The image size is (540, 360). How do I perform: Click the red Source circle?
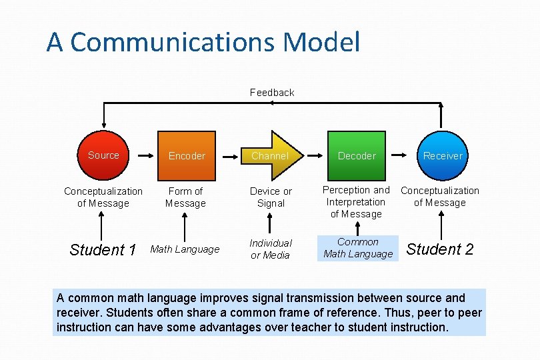pyautogui.click(x=103, y=156)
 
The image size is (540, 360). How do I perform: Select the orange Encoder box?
pyautogui.click(x=187, y=156)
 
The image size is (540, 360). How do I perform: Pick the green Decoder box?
pyautogui.click(x=357, y=156)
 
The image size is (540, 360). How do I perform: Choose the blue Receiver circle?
pyautogui.click(x=442, y=156)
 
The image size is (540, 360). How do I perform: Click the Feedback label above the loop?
pyautogui.click(x=272, y=93)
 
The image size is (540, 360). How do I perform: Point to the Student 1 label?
pyautogui.click(x=103, y=250)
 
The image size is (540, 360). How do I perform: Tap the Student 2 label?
pyautogui.click(x=440, y=249)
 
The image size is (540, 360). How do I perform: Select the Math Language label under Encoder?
pyautogui.click(x=185, y=249)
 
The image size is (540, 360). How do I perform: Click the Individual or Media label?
pyautogui.click(x=270, y=249)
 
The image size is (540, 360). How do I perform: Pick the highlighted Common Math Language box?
pyautogui.click(x=358, y=248)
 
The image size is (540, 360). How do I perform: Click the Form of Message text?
pyautogui.click(x=185, y=197)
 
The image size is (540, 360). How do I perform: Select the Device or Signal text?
pyautogui.click(x=271, y=197)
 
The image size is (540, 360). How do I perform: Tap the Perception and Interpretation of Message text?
pyautogui.click(x=356, y=202)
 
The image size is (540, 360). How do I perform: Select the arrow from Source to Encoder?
pyautogui.click(x=143, y=155)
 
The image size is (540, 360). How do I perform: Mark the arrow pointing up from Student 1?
pyautogui.click(x=103, y=227)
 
